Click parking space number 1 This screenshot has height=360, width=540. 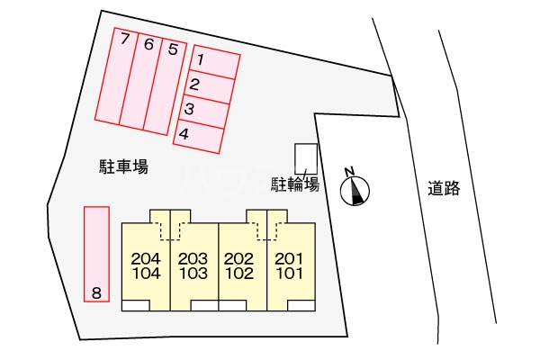tap(202, 61)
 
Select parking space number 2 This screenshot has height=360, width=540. tap(194, 85)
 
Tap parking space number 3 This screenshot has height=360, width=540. tap(189, 110)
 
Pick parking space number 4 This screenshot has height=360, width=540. tap(184, 134)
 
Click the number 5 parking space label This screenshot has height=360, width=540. tap(172, 49)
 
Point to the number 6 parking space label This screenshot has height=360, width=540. tap(148, 44)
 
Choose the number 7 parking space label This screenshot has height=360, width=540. tap(125, 39)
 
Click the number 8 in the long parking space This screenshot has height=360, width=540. tap(96, 292)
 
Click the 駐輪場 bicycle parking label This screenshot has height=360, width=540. tap(296, 185)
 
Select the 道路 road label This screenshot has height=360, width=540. tap(444, 188)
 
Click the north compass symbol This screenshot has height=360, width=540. tap(356, 188)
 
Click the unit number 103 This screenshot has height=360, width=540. tap(193, 273)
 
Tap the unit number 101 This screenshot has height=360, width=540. tap(289, 273)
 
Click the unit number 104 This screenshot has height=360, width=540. tap(145, 273)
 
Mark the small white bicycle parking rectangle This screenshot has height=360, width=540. tap(306, 158)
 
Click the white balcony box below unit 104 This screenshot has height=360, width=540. tap(136, 305)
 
